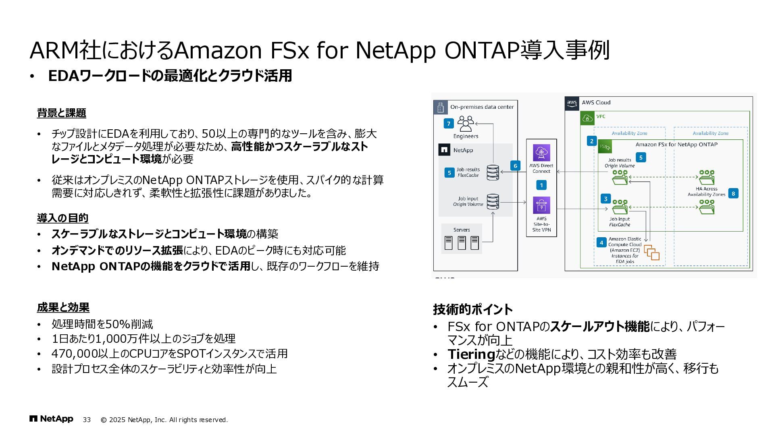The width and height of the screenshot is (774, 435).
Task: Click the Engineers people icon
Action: (466, 124)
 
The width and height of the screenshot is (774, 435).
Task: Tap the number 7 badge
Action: (448, 123)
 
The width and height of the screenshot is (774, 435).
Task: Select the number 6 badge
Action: (515, 166)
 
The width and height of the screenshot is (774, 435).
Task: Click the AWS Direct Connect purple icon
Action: (541, 153)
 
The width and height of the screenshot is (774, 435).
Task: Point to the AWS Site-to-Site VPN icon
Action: (541, 205)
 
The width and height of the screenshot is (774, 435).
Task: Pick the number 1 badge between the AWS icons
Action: (541, 185)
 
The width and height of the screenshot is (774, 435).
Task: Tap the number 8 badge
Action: (733, 193)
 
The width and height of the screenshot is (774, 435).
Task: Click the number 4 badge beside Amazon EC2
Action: (601, 242)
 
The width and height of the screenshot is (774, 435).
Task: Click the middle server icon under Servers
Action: (462, 242)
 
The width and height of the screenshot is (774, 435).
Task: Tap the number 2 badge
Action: (592, 141)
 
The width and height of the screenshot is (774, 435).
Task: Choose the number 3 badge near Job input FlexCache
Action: (605, 199)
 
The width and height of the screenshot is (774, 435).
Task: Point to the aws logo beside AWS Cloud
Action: (572, 103)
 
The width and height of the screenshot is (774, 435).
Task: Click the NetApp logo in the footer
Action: (51, 419)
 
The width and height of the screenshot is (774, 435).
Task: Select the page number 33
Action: (87, 420)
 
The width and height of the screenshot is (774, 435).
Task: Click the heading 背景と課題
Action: (62, 113)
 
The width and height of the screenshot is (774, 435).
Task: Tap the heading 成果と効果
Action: (63, 308)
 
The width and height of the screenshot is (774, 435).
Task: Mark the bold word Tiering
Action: (471, 354)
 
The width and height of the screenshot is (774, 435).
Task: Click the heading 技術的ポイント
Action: (472, 309)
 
